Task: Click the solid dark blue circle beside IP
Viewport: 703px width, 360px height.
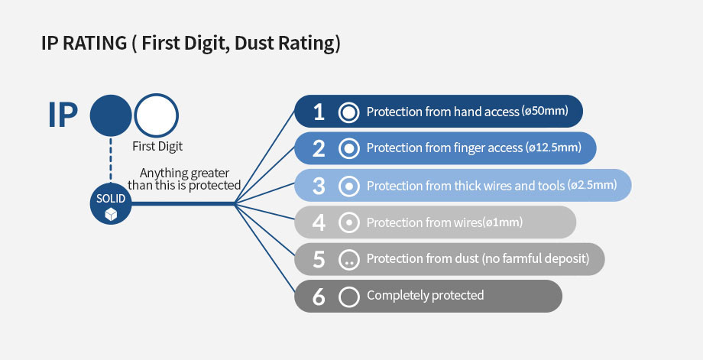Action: point(111,115)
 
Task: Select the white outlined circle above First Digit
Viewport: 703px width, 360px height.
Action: point(157,94)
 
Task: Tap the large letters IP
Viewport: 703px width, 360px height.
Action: point(63,115)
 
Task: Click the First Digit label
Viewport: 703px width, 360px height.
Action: point(157,147)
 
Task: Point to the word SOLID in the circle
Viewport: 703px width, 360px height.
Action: point(111,198)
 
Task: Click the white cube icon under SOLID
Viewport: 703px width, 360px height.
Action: point(111,215)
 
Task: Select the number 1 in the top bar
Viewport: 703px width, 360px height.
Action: point(319,112)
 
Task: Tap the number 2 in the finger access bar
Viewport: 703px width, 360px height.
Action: point(319,148)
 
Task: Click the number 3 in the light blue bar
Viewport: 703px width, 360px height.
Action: point(319,186)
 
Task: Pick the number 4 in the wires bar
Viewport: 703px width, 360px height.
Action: point(319,222)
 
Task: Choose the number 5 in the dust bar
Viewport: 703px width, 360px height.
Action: point(319,259)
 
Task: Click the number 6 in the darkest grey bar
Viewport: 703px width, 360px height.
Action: point(319,297)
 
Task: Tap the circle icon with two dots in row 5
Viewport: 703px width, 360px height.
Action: point(348,260)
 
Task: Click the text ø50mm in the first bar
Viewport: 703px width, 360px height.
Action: point(545,111)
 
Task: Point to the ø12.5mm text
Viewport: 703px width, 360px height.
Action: point(553,148)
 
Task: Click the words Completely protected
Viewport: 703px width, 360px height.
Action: point(426,296)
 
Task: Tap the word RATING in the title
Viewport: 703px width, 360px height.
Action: point(95,44)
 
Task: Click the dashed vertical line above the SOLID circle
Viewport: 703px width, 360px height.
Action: point(111,160)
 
